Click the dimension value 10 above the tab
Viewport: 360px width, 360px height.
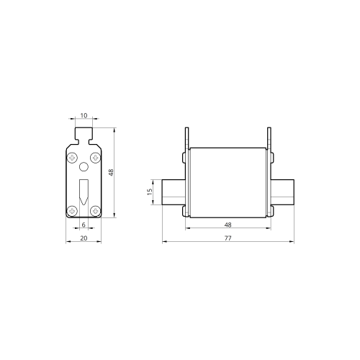(x=84, y=115)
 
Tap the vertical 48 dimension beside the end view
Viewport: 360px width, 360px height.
(x=111, y=172)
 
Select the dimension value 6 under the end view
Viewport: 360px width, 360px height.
(x=84, y=225)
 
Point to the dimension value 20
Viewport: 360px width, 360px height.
(x=84, y=238)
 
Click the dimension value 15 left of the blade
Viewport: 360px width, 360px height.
(x=150, y=192)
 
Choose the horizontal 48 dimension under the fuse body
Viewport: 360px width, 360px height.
(x=228, y=225)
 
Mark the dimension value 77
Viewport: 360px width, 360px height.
(x=228, y=238)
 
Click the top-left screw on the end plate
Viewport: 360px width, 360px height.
(x=72, y=158)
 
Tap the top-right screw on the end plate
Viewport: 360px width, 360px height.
(x=95, y=158)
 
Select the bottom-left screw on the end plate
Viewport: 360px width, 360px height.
(x=72, y=211)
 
